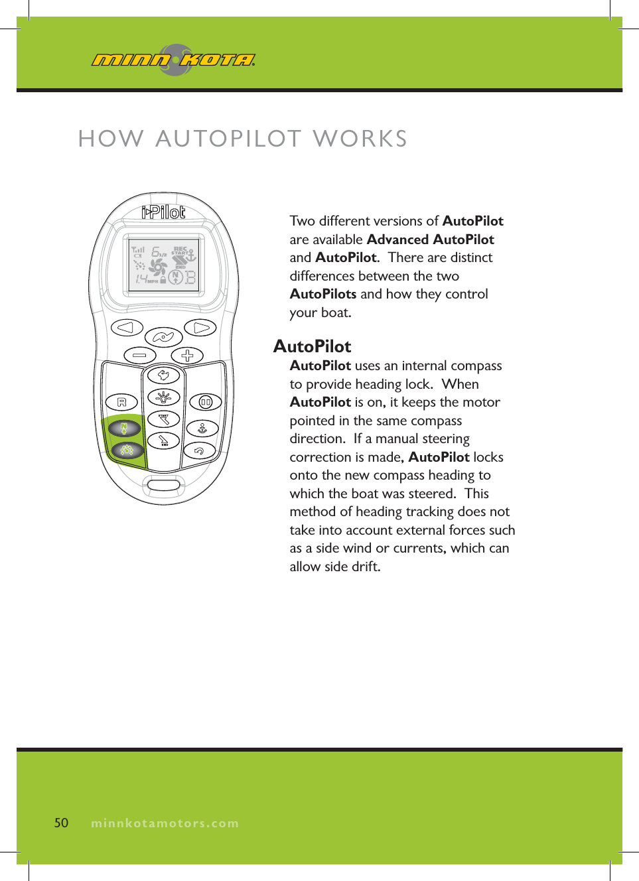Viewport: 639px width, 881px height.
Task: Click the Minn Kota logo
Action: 173,60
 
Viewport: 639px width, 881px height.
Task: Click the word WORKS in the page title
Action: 360,139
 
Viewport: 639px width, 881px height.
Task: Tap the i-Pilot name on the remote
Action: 163,212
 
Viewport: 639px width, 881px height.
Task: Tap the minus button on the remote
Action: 139,356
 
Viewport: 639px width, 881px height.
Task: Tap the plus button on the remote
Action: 187,356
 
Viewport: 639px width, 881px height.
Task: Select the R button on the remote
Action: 121,402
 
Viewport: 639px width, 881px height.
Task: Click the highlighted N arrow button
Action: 124,429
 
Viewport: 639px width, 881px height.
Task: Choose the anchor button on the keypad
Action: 202,429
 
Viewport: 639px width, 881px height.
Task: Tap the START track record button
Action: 163,419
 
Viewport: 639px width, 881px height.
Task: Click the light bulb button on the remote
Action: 163,397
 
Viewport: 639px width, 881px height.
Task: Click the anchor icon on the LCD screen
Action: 190,255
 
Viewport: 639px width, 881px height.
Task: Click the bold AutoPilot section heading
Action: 312,346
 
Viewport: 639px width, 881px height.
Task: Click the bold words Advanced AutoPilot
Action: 430,239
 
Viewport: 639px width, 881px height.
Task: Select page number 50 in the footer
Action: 61,823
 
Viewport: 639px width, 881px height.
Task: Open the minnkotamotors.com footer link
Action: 165,823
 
